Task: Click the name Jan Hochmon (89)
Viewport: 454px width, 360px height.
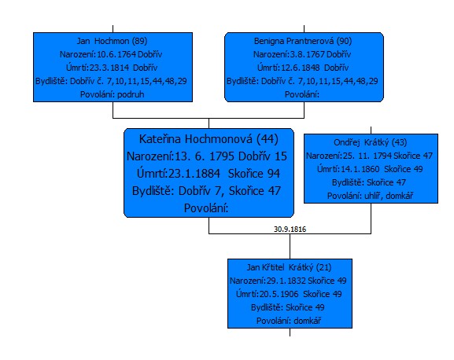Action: (x=112, y=41)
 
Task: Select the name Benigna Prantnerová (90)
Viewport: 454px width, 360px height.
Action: (x=303, y=41)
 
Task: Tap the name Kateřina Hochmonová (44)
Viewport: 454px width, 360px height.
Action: (x=209, y=139)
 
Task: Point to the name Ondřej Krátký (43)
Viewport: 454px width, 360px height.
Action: (x=371, y=142)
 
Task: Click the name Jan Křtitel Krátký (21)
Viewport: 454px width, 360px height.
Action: (x=289, y=267)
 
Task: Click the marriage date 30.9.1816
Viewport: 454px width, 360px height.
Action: (x=290, y=229)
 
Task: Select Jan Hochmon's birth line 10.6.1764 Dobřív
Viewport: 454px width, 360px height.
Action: (x=111, y=54)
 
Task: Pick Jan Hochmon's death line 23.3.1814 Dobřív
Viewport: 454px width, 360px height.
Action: (x=112, y=68)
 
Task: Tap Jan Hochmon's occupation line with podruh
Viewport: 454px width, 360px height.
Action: (x=112, y=94)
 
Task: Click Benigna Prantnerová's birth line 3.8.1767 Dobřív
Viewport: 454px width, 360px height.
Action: (x=302, y=54)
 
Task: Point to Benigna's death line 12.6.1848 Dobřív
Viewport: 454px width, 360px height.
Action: (x=303, y=68)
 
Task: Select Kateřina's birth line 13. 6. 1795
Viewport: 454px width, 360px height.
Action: (x=207, y=156)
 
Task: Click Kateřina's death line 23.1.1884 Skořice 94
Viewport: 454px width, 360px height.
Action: (x=209, y=174)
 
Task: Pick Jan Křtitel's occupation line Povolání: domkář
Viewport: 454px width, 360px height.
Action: (x=289, y=321)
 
